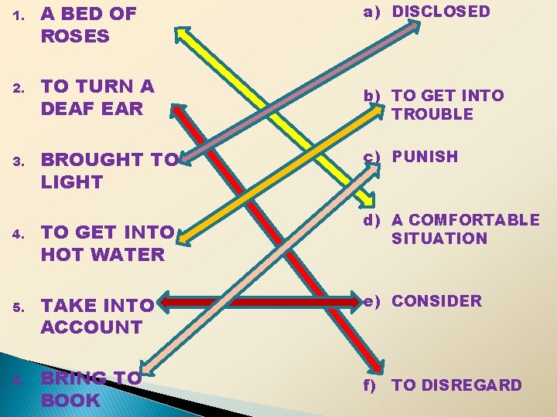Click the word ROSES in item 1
[75, 36]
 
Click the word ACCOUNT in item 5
[91, 327]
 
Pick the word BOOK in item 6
[70, 400]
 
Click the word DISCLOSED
[441, 12]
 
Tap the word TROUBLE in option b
[432, 114]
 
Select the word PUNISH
[425, 156]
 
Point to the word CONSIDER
[436, 301]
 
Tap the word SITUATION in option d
[439, 239]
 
